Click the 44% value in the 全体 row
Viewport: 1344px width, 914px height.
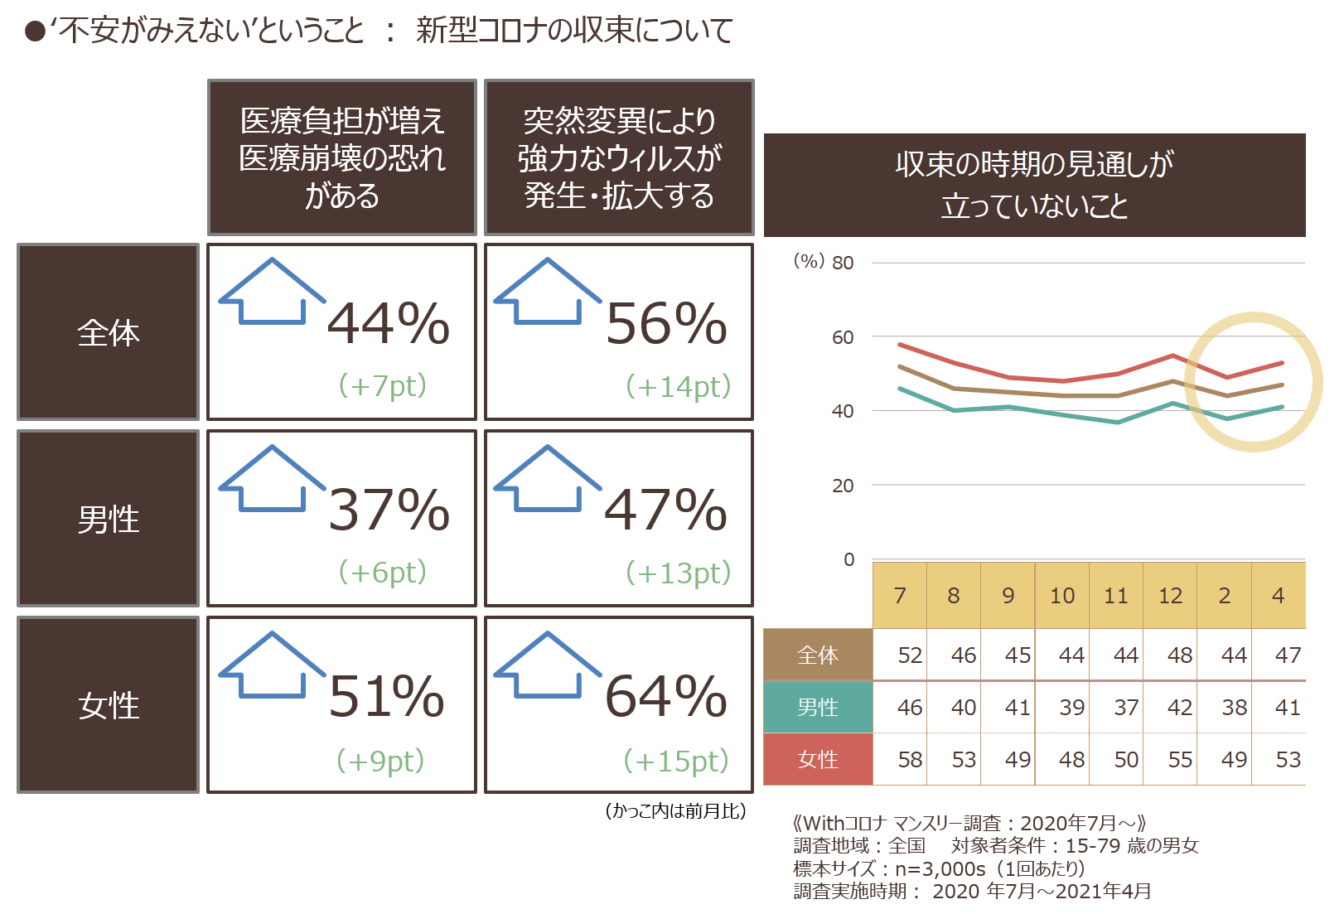point(389,323)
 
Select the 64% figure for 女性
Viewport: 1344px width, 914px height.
point(665,696)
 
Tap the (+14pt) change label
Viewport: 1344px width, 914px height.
point(679,386)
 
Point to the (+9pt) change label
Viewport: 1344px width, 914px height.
point(380,761)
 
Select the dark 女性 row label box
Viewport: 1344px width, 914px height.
point(108,705)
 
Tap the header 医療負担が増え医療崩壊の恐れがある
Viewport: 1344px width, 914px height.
point(342,157)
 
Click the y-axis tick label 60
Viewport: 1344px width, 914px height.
point(843,337)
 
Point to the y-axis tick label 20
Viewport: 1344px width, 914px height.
point(843,486)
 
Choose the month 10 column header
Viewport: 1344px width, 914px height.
point(1062,595)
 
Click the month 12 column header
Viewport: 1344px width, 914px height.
point(1170,595)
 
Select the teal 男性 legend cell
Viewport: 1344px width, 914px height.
point(818,707)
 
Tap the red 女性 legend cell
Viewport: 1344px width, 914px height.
point(818,759)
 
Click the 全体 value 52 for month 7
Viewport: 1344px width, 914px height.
point(910,655)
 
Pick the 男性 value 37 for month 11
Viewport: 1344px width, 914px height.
point(1126,708)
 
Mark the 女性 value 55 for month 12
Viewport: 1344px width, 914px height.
point(1180,760)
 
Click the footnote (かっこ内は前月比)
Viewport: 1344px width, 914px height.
point(675,811)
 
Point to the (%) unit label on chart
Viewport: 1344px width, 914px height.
point(809,261)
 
